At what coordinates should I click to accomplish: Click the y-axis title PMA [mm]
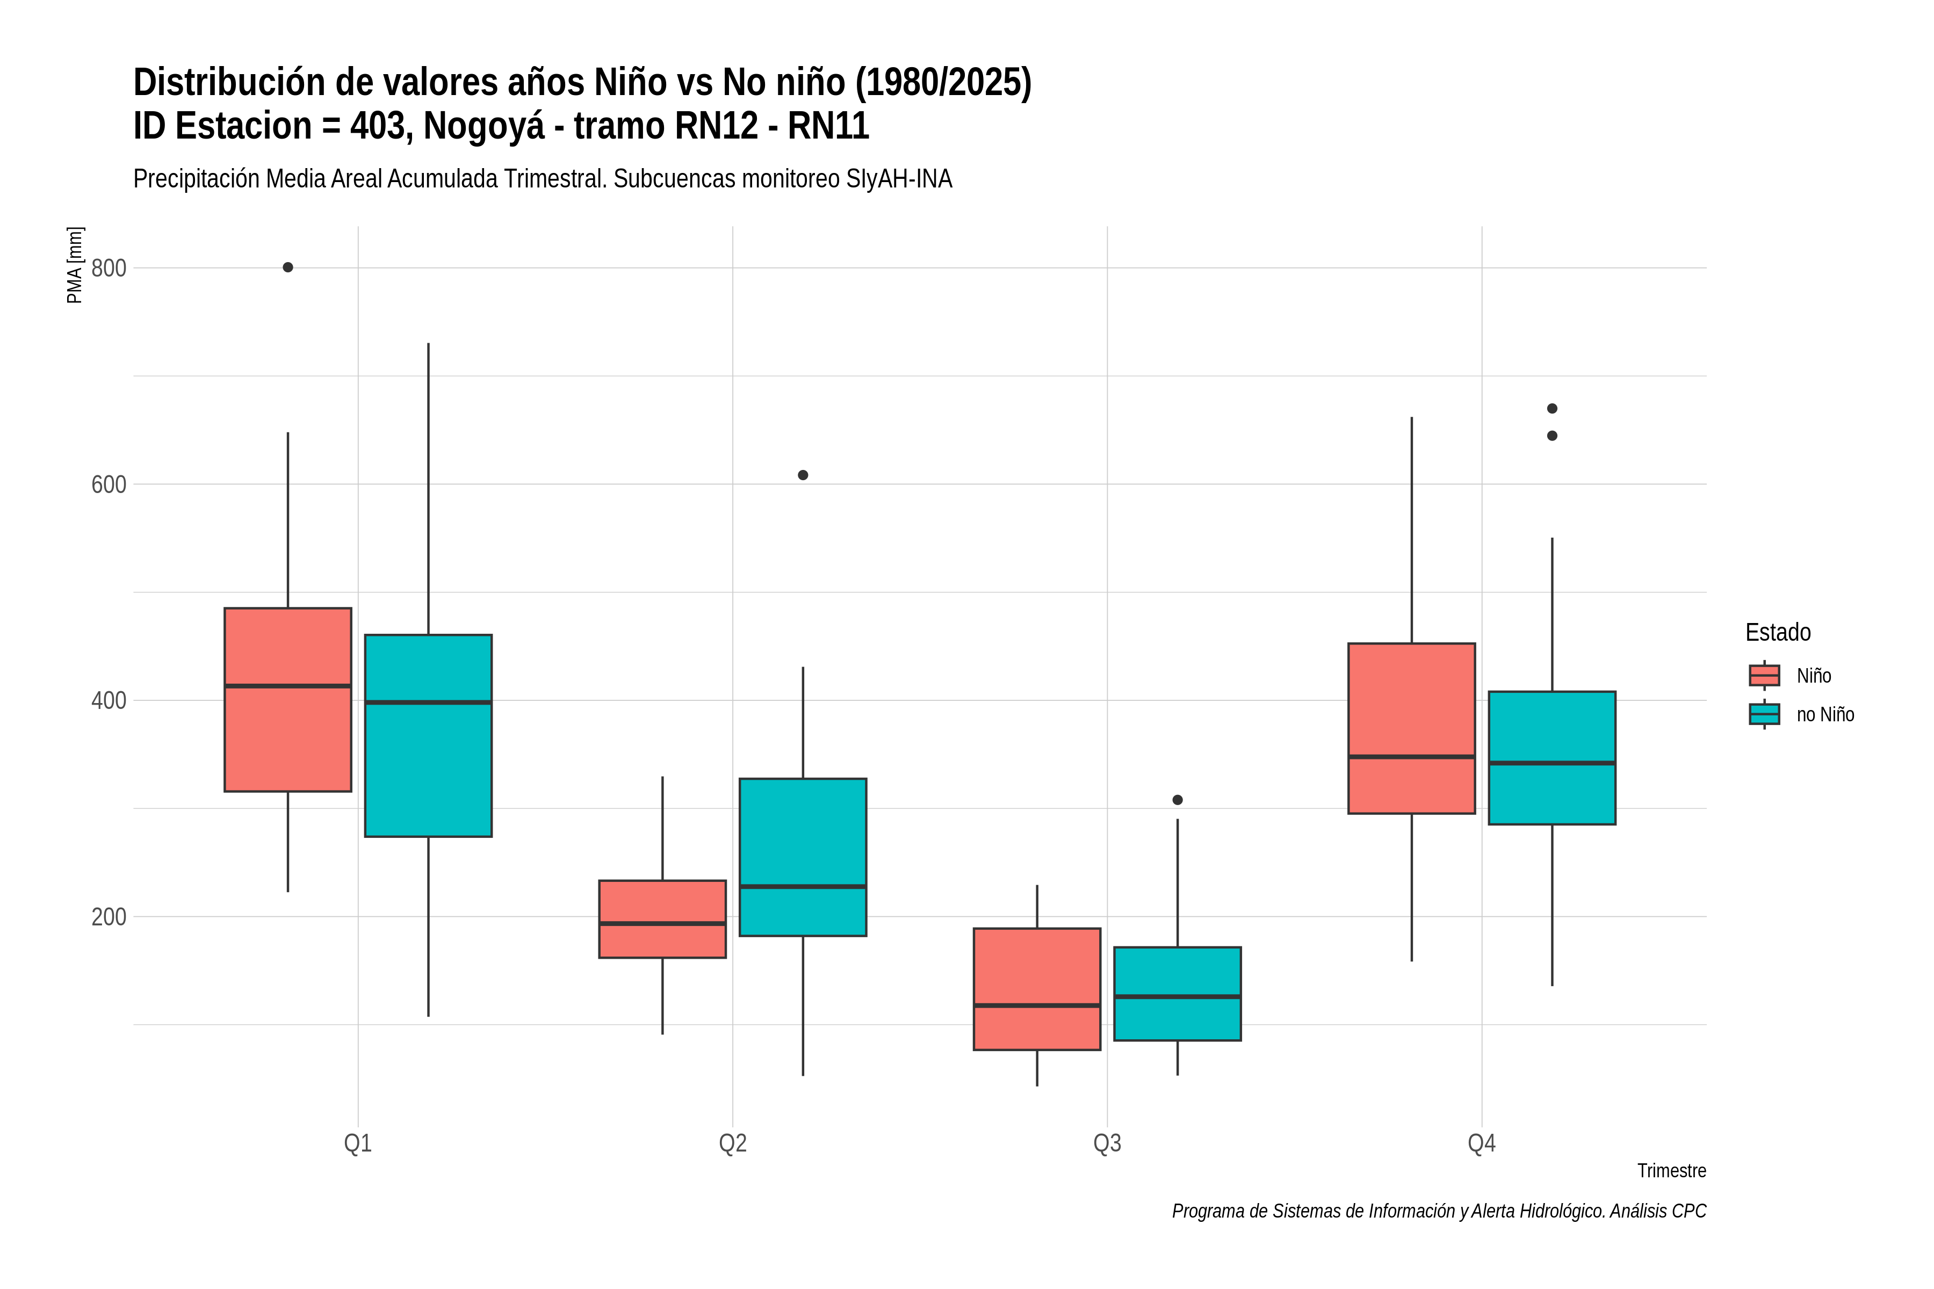coord(75,265)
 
